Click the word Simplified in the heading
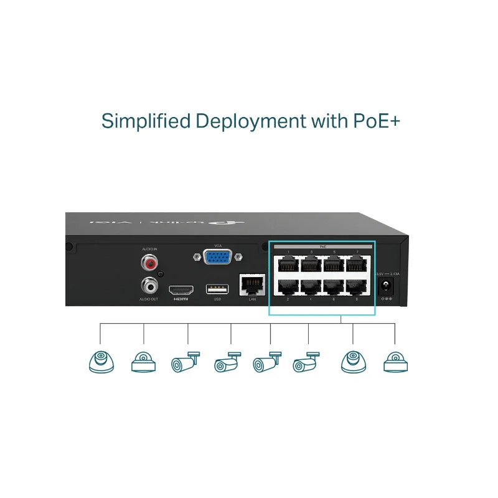[146, 121]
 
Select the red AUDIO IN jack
[149, 263]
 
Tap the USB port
[217, 289]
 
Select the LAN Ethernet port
[252, 284]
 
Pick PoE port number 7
[356, 263]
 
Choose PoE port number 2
[288, 286]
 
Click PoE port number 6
[334, 286]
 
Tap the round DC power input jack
[387, 285]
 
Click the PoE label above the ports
[322, 247]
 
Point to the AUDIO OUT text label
[149, 300]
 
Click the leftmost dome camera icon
[101, 362]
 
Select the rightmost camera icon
[395, 362]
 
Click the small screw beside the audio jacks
[161, 274]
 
